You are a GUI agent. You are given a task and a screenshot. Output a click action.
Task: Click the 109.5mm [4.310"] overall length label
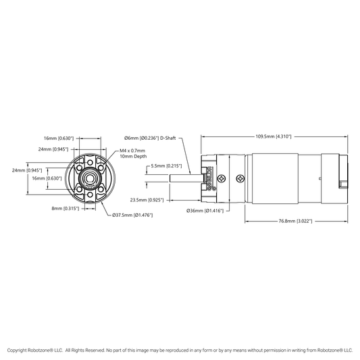(x=274, y=136)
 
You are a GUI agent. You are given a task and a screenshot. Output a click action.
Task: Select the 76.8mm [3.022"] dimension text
(x=295, y=221)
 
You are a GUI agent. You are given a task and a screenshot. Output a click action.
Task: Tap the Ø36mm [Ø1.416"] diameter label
(x=205, y=211)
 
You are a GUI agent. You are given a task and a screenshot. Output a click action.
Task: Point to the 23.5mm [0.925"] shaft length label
(x=147, y=200)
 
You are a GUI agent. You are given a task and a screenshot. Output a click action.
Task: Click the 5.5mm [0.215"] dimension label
(x=166, y=165)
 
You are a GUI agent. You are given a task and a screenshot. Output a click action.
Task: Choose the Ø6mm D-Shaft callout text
(x=150, y=138)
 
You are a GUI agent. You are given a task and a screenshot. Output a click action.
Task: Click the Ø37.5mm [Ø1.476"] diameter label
(x=132, y=215)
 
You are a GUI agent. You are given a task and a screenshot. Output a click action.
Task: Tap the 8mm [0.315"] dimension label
(x=66, y=209)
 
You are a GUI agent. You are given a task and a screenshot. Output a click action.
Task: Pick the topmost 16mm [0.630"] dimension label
(x=59, y=138)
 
